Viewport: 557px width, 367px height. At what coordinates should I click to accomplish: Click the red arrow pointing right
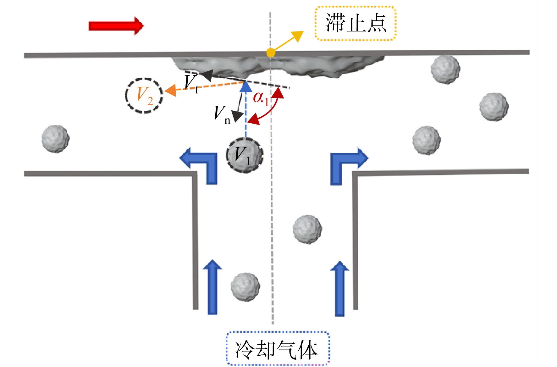(x=116, y=26)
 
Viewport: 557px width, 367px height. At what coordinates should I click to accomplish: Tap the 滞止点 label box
(x=356, y=24)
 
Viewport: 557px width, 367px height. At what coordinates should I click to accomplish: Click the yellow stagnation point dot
(x=271, y=53)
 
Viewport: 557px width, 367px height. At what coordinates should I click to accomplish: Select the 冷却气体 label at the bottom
(x=278, y=349)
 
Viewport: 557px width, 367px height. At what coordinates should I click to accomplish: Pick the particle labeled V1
(x=245, y=155)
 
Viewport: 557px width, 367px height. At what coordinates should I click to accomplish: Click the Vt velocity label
(x=191, y=83)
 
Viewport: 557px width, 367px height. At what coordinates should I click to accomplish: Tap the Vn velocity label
(x=222, y=114)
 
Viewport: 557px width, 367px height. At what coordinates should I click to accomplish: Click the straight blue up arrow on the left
(x=212, y=287)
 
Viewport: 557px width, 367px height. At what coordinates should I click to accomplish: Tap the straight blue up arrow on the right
(x=340, y=288)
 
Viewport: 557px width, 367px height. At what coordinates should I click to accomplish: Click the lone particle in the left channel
(x=56, y=139)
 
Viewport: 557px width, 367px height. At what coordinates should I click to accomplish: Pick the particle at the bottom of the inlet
(x=245, y=286)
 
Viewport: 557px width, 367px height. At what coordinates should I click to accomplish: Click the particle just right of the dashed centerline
(x=307, y=229)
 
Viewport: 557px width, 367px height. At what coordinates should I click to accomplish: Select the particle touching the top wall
(x=446, y=70)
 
